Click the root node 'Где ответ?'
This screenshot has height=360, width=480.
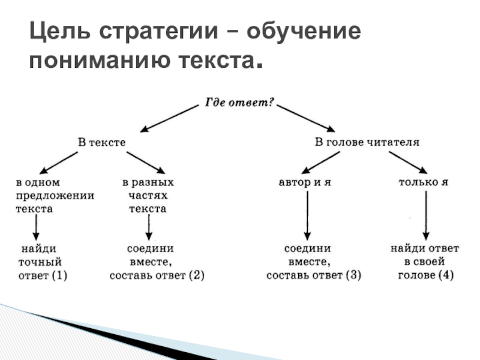pos(239,103)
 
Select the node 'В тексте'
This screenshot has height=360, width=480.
pos(101,142)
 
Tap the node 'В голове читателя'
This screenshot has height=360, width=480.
pos(367,142)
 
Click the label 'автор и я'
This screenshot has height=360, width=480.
pos(305,182)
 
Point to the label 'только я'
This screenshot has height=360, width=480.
pos(424,182)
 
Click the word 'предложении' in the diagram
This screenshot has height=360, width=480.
pos(55,196)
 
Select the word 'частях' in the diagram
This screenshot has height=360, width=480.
pos(148,196)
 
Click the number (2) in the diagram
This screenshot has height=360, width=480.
pos(196,275)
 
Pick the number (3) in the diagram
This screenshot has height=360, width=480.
pos(353,275)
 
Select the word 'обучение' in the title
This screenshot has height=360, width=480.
pos(304,31)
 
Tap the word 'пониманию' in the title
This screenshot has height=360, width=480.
pos(100,60)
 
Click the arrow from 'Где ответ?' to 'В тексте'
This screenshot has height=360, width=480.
pos(169,119)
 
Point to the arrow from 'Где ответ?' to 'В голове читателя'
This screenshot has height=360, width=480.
pos(306,118)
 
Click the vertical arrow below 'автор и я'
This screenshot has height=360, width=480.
pos(307,216)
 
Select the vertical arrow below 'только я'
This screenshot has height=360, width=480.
pos(426,216)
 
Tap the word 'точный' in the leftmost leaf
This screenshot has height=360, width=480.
pos(40,262)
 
